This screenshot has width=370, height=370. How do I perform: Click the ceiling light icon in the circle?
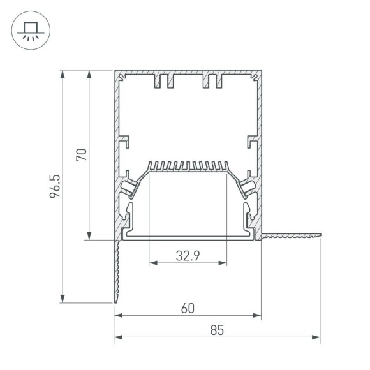tap(29, 30)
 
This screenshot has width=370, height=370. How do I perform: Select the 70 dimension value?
tap(81, 154)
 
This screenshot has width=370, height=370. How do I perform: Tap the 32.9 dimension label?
tap(188, 256)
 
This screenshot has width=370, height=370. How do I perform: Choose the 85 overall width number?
tap(217, 330)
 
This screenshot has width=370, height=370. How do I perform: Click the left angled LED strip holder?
tap(128, 186)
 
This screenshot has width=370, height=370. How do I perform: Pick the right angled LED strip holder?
tap(248, 186)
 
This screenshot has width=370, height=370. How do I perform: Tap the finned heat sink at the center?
tap(188, 167)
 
